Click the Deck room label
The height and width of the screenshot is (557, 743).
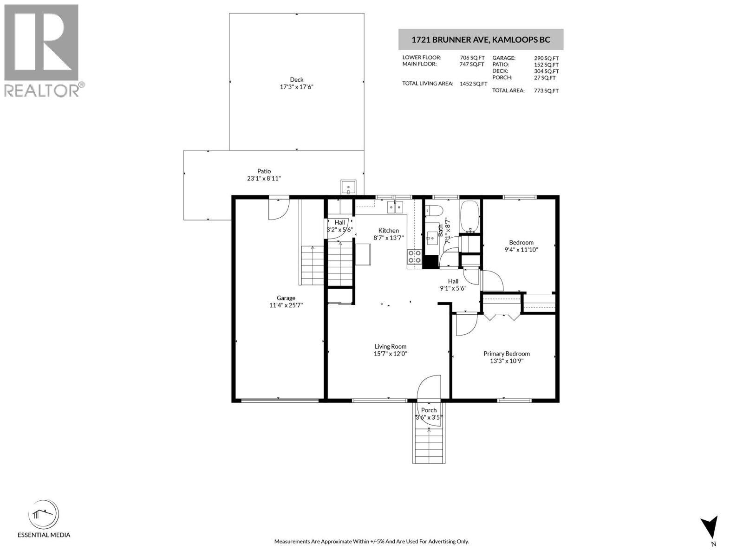(x=296, y=80)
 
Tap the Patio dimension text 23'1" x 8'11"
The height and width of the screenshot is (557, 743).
(x=264, y=179)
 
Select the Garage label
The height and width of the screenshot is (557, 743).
(x=286, y=298)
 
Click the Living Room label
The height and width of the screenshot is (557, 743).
(x=390, y=346)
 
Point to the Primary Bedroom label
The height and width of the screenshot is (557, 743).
(x=506, y=354)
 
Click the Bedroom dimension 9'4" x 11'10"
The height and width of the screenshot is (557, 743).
(x=521, y=250)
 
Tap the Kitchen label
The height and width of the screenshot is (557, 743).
(x=388, y=231)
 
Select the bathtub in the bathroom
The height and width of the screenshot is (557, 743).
(x=470, y=216)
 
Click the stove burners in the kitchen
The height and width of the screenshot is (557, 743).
(x=414, y=257)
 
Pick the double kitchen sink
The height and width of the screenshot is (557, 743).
(x=395, y=207)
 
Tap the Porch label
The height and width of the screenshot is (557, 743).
(x=429, y=410)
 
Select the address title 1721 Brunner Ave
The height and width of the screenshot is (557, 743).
(x=481, y=40)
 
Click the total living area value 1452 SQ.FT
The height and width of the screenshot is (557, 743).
(x=473, y=84)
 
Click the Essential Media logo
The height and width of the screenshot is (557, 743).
(x=44, y=518)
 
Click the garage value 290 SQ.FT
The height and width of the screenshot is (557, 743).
(x=546, y=58)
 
